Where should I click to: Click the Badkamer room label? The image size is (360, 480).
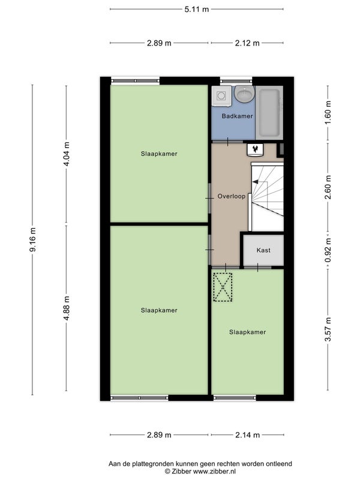[x=237, y=116]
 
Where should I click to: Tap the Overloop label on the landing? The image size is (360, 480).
[x=232, y=196]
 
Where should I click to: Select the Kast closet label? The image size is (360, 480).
[x=263, y=250]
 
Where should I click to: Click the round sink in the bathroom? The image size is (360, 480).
[x=245, y=94]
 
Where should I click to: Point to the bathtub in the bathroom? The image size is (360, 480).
[x=269, y=113]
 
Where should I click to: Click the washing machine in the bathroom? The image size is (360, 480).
[x=221, y=96]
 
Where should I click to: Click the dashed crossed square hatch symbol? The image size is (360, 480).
[x=223, y=287]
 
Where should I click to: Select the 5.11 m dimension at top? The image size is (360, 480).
[x=197, y=9]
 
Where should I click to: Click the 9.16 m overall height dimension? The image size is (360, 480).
[x=32, y=239]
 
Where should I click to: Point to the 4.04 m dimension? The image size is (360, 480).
[x=67, y=154]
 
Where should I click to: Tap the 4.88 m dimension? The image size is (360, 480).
[x=67, y=308]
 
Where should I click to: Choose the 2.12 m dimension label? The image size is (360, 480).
[x=247, y=43]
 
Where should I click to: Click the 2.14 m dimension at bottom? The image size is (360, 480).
[x=247, y=434]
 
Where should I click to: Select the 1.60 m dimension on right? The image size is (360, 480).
[x=328, y=112]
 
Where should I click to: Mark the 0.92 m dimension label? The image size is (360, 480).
[x=328, y=250]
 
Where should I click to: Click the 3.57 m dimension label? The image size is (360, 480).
[x=328, y=329]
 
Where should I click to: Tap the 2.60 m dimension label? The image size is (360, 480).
[x=328, y=187]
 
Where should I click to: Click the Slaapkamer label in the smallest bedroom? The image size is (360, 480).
[x=247, y=332]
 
